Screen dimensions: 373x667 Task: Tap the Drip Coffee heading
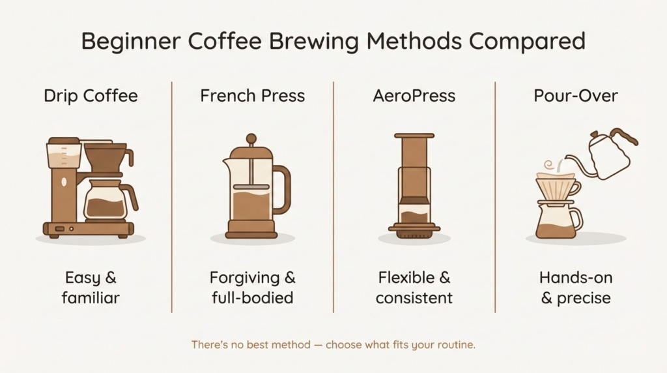pos(91,96)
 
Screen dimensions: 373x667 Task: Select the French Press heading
pos(252,96)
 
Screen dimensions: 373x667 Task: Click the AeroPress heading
pos(414,96)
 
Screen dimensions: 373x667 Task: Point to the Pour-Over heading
pos(576,96)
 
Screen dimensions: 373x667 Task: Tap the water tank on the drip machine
pos(64,156)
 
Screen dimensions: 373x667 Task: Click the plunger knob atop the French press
pos(251,138)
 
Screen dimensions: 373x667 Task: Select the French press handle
pos(282,189)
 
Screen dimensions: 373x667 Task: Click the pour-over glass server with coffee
pos(555,222)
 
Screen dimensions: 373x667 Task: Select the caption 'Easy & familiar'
pos(91,288)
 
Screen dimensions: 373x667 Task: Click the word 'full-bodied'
pos(252,298)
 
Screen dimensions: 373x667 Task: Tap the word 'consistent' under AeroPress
pos(414,298)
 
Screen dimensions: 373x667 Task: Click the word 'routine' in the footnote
pos(456,344)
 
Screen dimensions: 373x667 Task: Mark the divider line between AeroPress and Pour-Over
pos(495,196)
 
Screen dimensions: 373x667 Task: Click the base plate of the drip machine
pos(88,229)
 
